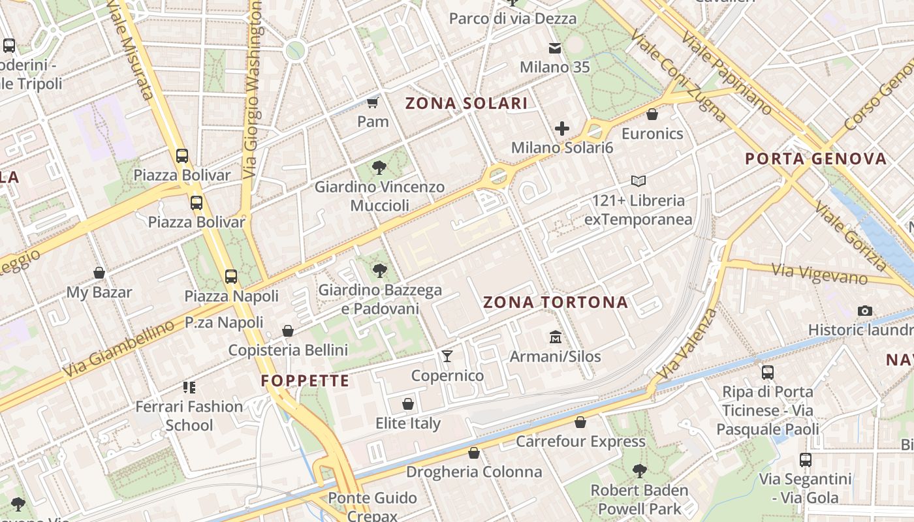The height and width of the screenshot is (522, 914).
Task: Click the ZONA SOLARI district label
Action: [466, 103]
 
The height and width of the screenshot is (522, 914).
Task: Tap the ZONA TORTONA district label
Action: [556, 302]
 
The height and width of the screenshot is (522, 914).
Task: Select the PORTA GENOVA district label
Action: [816, 159]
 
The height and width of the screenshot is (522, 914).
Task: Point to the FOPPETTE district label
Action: [306, 380]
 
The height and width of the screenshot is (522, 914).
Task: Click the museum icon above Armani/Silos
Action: [556, 337]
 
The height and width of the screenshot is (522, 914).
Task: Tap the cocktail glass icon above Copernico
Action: [447, 356]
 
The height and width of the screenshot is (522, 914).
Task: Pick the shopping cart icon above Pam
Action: [373, 102]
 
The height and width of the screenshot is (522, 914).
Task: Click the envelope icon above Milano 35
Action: [555, 48]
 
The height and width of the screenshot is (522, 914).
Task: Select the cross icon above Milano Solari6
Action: [561, 129]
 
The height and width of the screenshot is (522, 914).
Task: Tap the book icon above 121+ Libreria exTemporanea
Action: [638, 181]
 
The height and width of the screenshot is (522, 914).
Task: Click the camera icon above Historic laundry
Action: [865, 311]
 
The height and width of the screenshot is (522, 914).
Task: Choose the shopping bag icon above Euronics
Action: [652, 115]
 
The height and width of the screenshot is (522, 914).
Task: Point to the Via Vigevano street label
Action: [819, 273]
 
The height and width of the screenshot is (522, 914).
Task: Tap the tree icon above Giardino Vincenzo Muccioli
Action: [379, 168]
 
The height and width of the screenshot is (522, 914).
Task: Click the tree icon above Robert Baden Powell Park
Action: [639, 470]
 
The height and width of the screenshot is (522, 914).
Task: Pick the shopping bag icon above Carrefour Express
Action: [580, 422]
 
